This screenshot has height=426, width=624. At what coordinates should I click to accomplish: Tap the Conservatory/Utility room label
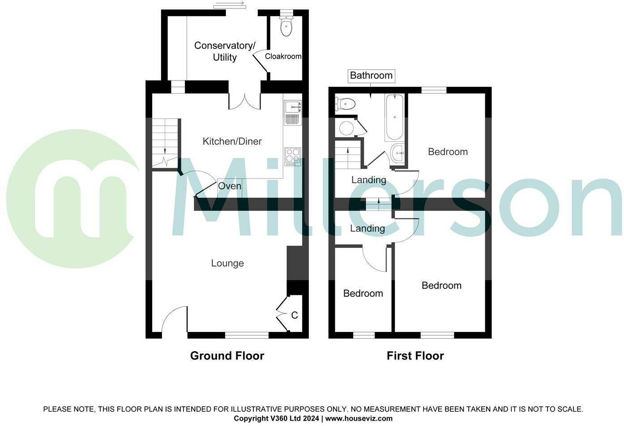(225, 51)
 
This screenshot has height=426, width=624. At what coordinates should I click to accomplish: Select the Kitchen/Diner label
(232, 141)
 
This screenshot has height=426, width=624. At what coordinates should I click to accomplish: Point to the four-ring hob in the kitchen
(293, 156)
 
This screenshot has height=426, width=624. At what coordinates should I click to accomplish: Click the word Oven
(230, 186)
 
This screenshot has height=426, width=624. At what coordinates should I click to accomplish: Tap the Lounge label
(227, 263)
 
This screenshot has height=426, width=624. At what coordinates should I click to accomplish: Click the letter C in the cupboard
(295, 315)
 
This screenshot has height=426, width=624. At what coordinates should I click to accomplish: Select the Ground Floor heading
(227, 356)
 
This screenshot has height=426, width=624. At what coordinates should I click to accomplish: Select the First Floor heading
(415, 356)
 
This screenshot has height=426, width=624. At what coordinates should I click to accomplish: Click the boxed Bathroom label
(371, 76)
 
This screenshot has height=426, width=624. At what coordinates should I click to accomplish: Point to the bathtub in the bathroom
(394, 118)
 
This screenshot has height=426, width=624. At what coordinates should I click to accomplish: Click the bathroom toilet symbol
(346, 104)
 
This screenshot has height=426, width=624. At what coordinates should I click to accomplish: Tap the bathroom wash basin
(397, 153)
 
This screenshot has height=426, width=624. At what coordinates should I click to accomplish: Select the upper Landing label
(368, 180)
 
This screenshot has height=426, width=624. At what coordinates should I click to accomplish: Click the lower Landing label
(367, 229)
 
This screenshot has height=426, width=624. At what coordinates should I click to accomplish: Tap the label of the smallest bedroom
(363, 294)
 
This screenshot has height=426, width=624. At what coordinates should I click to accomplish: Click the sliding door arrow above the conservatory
(230, 5)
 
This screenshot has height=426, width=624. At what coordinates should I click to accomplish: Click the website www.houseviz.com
(359, 418)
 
